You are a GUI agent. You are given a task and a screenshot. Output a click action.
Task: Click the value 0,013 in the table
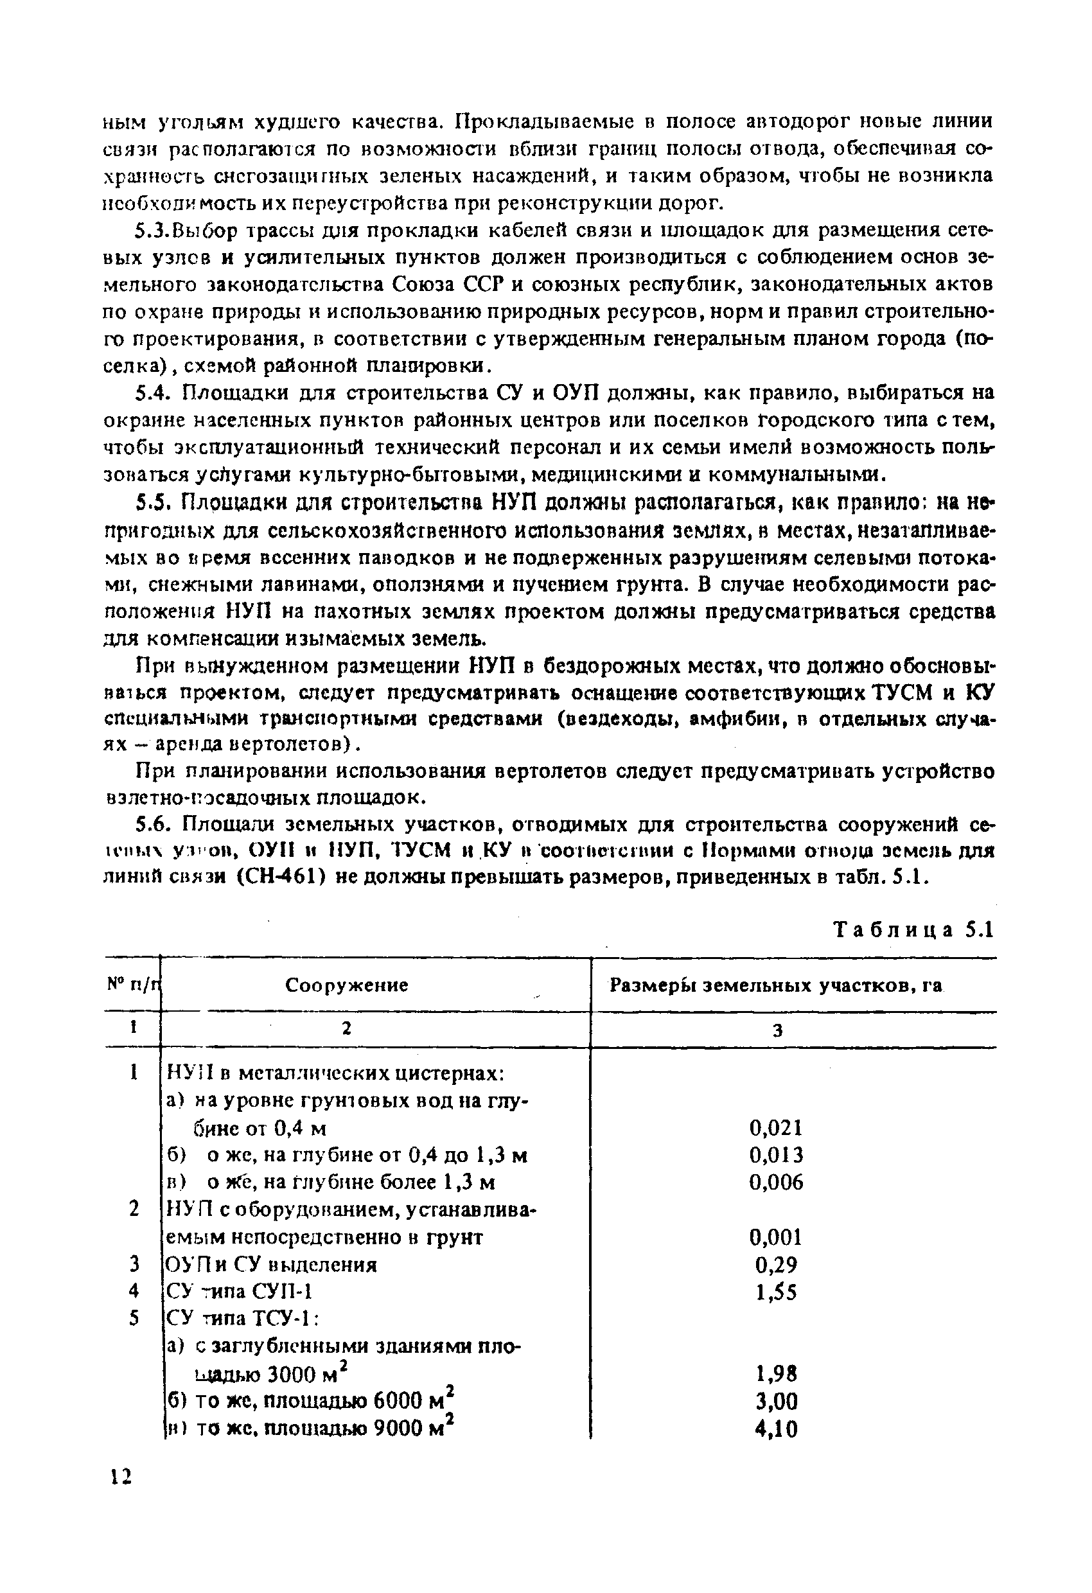point(776,1156)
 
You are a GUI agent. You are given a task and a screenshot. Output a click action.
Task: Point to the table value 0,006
point(776,1183)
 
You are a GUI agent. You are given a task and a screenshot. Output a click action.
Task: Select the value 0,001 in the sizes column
point(776,1237)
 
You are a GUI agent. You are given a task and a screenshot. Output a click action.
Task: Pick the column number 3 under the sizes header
point(777,1030)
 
